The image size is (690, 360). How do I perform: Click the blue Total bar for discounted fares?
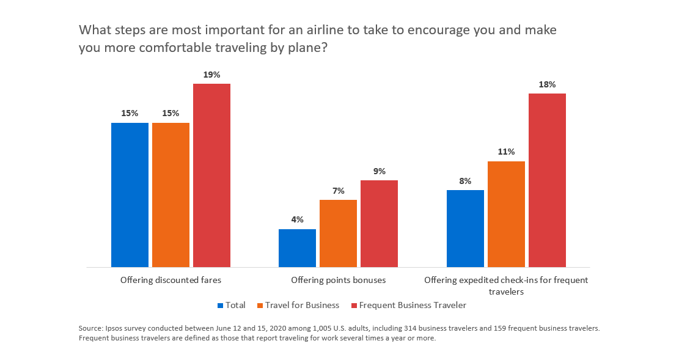[x=130, y=195]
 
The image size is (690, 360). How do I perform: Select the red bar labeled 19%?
[x=211, y=175]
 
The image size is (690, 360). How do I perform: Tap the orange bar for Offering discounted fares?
[x=171, y=195]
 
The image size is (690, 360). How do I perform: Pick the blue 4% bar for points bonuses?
[x=297, y=248]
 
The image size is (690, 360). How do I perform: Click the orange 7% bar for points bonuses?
[x=338, y=233]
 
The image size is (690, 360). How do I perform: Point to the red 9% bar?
[x=379, y=224]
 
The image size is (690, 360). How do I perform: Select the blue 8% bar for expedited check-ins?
[x=465, y=229]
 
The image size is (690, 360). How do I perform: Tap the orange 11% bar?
[x=506, y=214]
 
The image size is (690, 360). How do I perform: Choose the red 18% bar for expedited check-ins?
[x=547, y=180]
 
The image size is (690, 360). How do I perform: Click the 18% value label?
[x=547, y=84]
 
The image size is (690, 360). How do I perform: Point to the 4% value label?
[x=297, y=220]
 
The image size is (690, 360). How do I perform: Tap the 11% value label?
[x=506, y=152]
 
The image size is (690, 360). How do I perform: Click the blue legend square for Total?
[x=221, y=306]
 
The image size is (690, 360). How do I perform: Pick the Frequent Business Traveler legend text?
[x=413, y=306]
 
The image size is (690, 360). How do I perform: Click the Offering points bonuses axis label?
[x=338, y=281]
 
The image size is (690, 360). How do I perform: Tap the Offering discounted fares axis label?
[x=171, y=281]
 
